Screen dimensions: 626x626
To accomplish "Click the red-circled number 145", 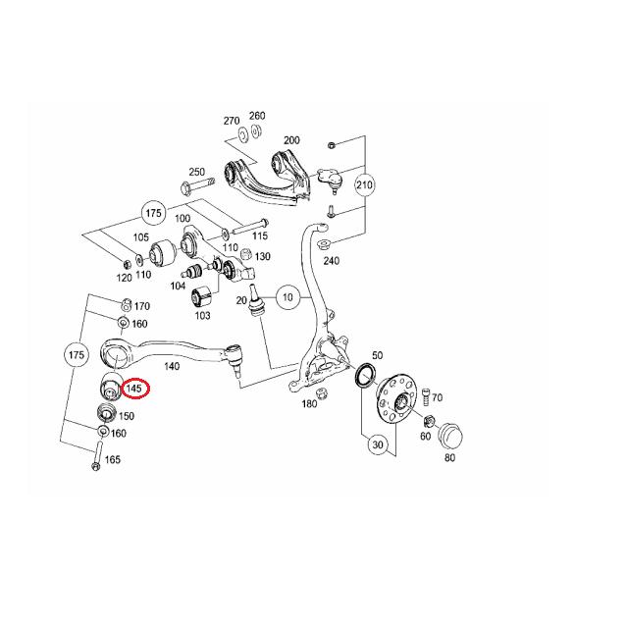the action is point(135,388).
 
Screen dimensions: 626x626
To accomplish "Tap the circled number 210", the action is point(364,184).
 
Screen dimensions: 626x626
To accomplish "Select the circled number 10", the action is point(287,297).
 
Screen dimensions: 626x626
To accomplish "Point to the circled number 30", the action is point(378,444).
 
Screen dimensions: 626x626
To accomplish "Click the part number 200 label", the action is point(291,140).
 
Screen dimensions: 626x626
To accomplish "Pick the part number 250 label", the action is point(197,172).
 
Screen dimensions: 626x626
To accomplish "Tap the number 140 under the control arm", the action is point(172,366).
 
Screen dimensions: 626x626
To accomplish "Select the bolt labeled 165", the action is point(97,454).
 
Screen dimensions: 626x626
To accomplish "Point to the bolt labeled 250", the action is point(198,184).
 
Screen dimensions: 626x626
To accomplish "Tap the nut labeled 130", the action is point(246,254).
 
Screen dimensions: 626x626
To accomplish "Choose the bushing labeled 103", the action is point(204,295).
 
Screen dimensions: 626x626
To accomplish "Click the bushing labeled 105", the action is point(163,253).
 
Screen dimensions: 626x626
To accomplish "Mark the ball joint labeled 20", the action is point(254,300).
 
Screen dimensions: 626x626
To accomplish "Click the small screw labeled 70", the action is point(426,397).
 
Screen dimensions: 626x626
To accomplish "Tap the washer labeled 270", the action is point(242,133).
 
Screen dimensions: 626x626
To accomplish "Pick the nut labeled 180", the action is point(322,392).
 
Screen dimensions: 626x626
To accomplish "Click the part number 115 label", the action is point(260,235).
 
